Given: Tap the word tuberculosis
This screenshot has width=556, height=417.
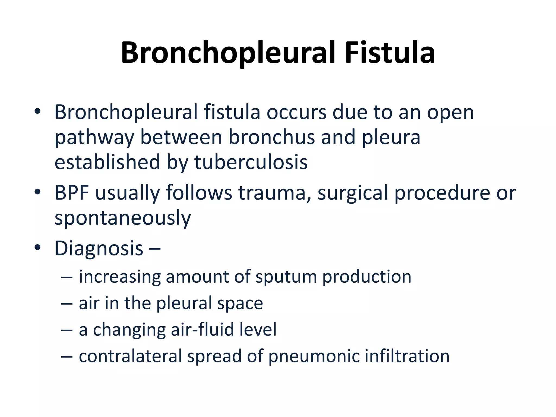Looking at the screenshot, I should pyautogui.click(x=251, y=162).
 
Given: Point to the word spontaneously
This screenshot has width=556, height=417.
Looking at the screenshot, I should pyautogui.click(x=123, y=218).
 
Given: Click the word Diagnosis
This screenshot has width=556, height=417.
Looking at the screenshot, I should pyautogui.click(x=99, y=248).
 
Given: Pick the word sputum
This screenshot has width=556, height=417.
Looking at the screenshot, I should pyautogui.click(x=286, y=277).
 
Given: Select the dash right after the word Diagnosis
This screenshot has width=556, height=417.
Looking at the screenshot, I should pyautogui.click(x=155, y=249).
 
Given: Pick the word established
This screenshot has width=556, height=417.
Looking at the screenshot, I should pyautogui.click(x=107, y=162).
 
